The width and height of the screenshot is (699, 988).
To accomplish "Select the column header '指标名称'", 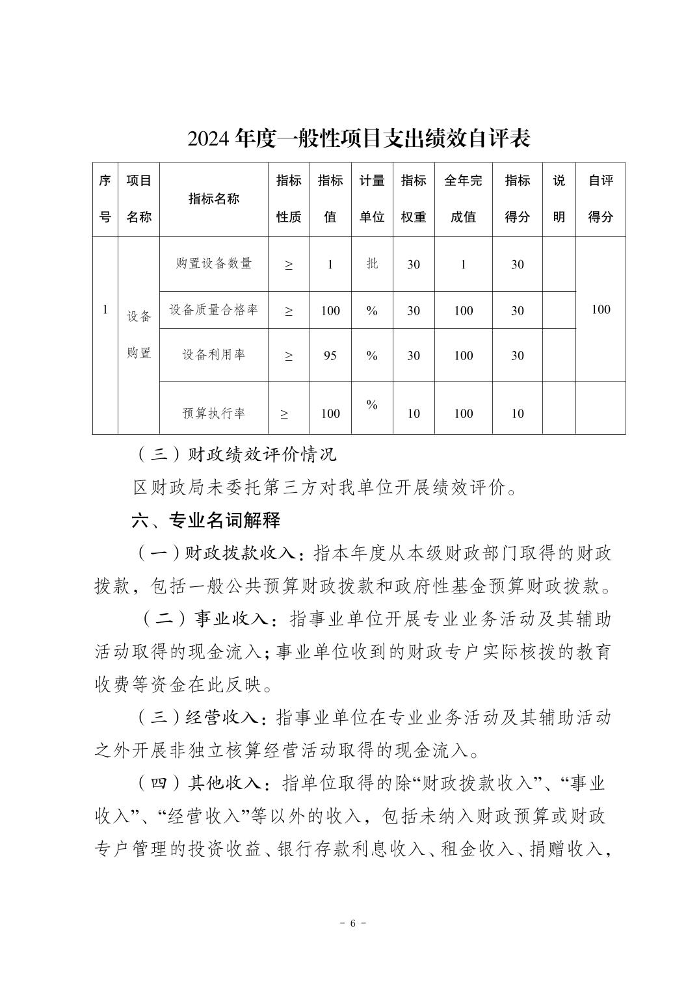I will point(213,199).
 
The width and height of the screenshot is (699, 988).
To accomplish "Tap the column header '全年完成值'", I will point(463,199).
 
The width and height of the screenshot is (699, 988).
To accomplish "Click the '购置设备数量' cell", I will point(213,263).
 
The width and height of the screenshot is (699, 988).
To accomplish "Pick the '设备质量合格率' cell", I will point(213,309).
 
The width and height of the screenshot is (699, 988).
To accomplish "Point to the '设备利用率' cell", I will point(213,354).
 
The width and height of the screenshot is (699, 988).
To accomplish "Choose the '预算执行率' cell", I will point(213,413).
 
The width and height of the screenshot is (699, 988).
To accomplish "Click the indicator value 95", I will point(330,356).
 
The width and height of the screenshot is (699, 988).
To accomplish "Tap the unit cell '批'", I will point(372,263).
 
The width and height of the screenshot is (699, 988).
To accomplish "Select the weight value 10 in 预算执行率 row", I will point(414,413).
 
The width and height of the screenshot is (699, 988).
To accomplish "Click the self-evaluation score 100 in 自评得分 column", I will point(600,309).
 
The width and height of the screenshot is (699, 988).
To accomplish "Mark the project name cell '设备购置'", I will point(138,335).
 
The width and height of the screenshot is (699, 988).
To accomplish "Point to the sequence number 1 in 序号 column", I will point(105,309).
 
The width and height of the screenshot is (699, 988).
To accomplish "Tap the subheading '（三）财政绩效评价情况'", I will point(237,454).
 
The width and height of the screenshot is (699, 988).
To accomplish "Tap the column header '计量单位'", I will point(372,199).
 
